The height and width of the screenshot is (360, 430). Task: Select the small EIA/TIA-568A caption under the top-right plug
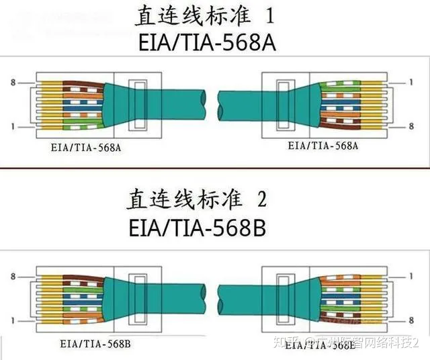tap(322, 145)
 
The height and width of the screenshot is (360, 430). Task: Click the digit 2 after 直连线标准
tap(263, 199)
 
